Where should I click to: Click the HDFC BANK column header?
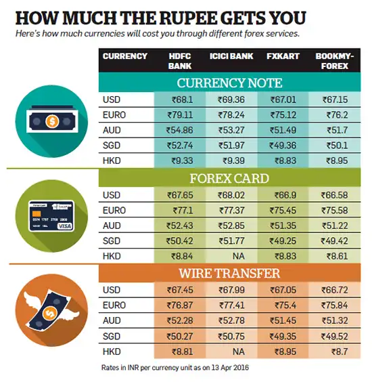tap(180, 61)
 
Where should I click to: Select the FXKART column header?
tap(283, 56)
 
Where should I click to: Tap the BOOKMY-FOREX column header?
tap(335, 61)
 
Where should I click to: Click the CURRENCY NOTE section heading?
tap(229, 83)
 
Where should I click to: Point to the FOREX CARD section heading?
tap(229, 178)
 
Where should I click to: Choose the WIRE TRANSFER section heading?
tap(229, 273)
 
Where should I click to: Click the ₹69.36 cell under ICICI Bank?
tap(231, 100)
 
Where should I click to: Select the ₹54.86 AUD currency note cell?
tap(179, 130)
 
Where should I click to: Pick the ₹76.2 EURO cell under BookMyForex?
tap(338, 114)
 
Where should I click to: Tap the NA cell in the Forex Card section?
tap(239, 256)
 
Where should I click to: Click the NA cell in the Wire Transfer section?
tap(239, 352)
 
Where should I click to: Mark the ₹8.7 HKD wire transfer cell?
tap(340, 352)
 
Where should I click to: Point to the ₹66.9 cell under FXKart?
tap(285, 195)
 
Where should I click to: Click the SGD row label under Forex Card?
tap(112, 241)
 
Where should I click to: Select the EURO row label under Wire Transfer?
tap(114, 305)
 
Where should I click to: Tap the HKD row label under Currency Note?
tap(112, 161)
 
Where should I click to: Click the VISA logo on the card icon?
tap(65, 226)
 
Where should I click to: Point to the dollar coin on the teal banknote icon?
tap(52, 121)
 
